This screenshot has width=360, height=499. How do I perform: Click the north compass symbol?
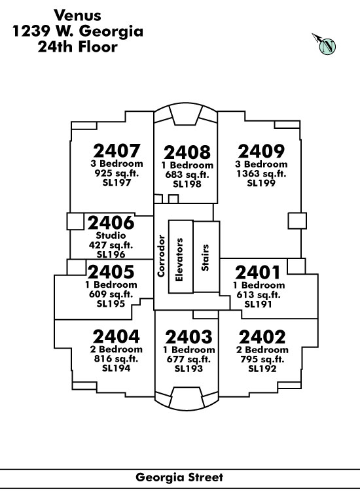(x=324, y=44)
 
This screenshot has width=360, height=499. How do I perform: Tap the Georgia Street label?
(x=179, y=477)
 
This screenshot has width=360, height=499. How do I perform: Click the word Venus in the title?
(x=77, y=15)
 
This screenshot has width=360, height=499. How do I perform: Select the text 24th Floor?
(x=78, y=47)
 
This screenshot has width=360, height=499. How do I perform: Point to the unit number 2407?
(x=117, y=151)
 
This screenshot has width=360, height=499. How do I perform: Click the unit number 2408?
(x=187, y=152)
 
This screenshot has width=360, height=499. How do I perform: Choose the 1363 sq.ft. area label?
(x=261, y=174)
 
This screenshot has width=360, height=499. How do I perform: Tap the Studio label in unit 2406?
(x=111, y=235)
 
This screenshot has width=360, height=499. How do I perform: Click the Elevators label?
(x=179, y=260)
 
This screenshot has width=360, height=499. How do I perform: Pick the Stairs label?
(x=205, y=258)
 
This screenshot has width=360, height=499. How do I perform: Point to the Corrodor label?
(x=161, y=256)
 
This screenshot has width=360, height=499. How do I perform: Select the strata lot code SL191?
(x=258, y=304)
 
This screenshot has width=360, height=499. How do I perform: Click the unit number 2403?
(x=189, y=337)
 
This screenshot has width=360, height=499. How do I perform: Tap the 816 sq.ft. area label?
(x=116, y=358)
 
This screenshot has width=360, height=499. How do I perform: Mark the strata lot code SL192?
(x=262, y=368)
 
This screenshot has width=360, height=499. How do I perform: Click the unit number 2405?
(x=111, y=272)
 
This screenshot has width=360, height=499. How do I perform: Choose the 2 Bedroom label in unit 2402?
(x=262, y=350)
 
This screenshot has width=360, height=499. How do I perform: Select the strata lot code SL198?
(x=187, y=184)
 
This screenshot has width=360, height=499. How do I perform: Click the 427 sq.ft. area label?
(x=111, y=245)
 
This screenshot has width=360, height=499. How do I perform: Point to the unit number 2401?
(x=258, y=273)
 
